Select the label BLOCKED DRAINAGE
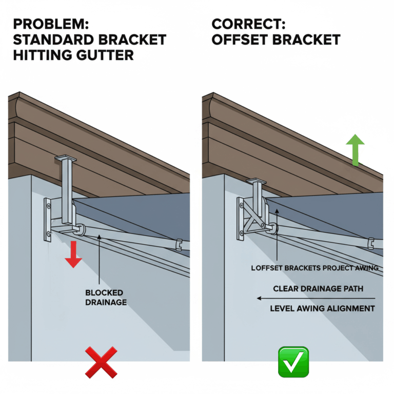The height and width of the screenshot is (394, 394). pyautogui.click(x=106, y=298)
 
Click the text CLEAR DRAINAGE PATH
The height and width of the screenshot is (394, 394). pyautogui.click(x=318, y=289)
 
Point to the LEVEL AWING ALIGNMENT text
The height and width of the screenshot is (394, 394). pyautogui.click(x=322, y=308)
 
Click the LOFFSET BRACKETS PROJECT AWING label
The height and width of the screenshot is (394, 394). pyautogui.click(x=315, y=267)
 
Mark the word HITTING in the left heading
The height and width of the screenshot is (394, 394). pyautogui.click(x=38, y=54)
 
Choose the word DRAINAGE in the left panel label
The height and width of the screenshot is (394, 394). pyautogui.click(x=106, y=302)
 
